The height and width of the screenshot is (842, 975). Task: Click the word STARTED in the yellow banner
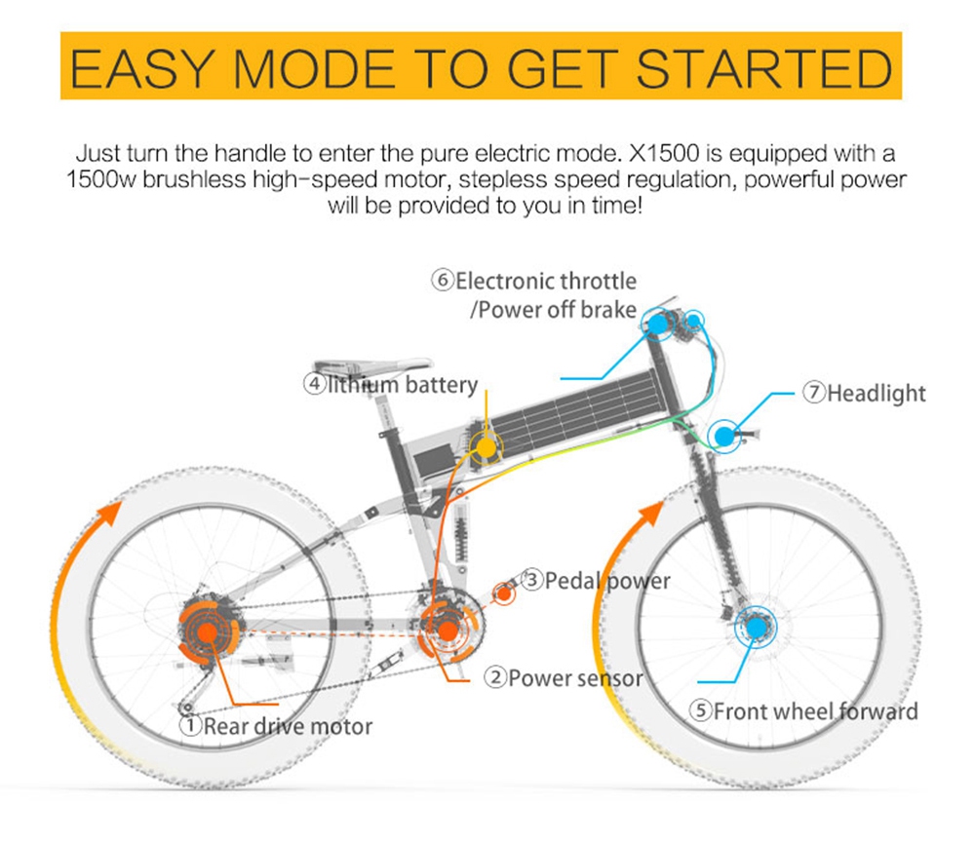click(764, 68)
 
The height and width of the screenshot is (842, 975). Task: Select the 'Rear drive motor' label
click(288, 726)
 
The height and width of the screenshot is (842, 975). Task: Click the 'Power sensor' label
click(575, 678)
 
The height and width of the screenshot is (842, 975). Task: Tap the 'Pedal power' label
click(607, 581)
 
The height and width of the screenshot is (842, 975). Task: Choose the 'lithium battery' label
click(403, 384)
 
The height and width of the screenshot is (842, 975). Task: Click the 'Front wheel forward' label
click(815, 710)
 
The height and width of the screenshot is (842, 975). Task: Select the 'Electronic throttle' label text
click(546, 281)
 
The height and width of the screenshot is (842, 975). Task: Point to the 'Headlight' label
click(877, 394)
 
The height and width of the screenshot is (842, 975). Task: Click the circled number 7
click(814, 392)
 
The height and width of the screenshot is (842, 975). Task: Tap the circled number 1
click(190, 725)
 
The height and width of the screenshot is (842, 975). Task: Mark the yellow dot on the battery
click(486, 446)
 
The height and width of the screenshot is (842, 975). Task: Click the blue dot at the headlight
click(723, 437)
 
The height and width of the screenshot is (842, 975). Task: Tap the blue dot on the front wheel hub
click(757, 628)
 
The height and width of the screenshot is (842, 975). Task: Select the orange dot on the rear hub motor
click(208, 631)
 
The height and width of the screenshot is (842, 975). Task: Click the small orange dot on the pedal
click(504, 593)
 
